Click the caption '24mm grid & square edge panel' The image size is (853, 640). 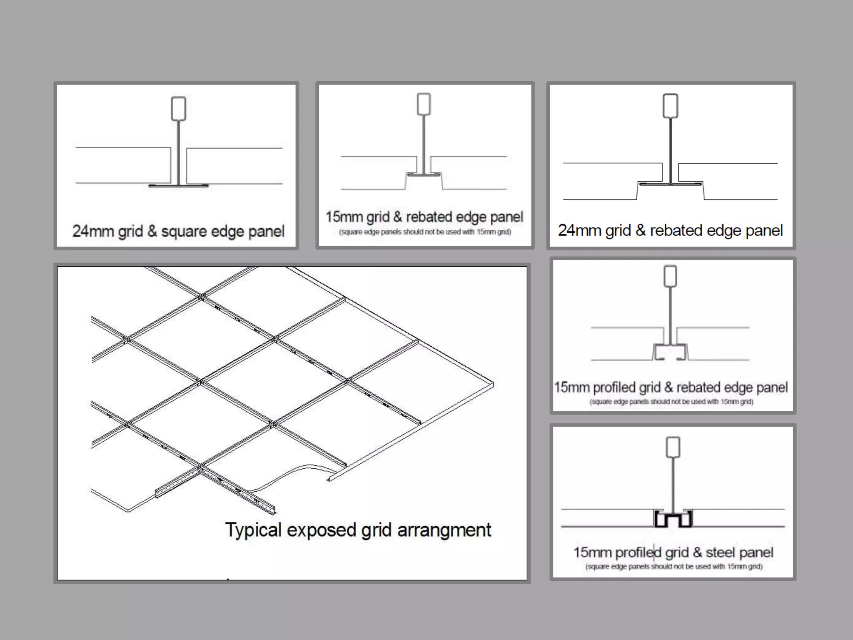[x=178, y=231]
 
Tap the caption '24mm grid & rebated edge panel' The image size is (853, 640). [x=670, y=230]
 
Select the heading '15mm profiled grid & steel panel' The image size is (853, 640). [x=673, y=552]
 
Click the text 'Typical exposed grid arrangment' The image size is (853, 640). [x=358, y=530]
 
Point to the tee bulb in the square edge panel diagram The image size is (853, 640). [x=179, y=109]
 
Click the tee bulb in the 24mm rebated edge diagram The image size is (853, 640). [x=670, y=106]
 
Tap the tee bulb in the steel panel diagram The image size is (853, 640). [x=673, y=447]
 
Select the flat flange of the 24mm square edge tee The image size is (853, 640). [x=179, y=185]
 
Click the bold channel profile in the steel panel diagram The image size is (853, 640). [x=673, y=519]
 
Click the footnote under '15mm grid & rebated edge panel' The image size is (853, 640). [x=425, y=232]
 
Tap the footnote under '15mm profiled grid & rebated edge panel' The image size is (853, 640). [x=671, y=402]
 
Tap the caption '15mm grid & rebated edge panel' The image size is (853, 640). [x=424, y=217]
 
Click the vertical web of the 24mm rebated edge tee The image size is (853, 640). [x=670, y=150]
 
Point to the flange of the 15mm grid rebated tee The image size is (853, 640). [x=424, y=174]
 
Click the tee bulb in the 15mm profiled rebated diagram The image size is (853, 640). [x=670, y=276]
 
